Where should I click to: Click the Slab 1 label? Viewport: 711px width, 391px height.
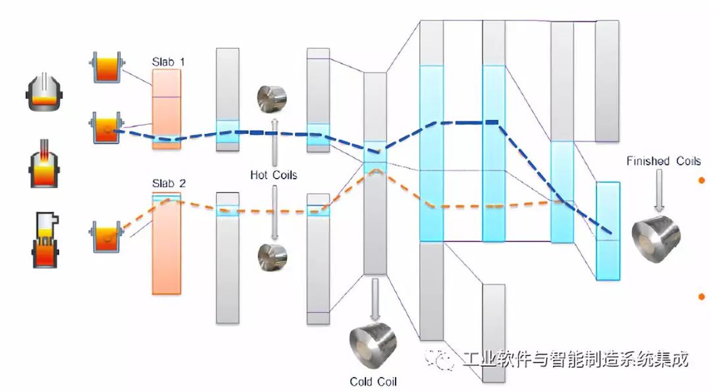click(168, 62)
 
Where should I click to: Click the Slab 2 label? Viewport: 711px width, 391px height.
click(168, 184)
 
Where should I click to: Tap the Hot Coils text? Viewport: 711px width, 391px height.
click(273, 175)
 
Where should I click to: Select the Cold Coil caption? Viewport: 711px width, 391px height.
click(373, 382)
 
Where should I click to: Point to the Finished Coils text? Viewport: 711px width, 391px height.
click(663, 161)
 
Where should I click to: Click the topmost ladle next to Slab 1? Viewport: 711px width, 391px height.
click(106, 67)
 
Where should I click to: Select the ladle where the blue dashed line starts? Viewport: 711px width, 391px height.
click(106, 128)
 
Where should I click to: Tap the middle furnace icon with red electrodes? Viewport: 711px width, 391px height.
click(44, 165)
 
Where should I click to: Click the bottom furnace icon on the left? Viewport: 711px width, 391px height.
click(45, 241)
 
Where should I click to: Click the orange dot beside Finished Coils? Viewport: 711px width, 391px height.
click(701, 180)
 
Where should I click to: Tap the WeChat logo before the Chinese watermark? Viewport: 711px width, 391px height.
click(440, 359)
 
